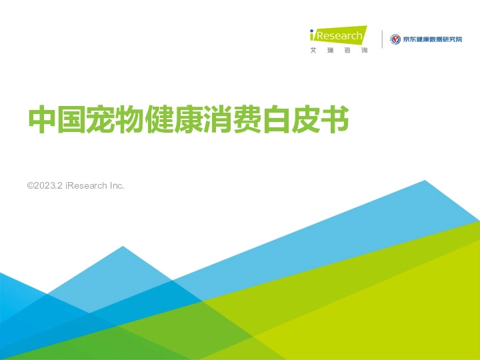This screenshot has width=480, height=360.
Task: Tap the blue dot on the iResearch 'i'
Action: click(x=313, y=31)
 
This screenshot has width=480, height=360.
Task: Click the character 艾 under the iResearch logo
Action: click(x=313, y=51)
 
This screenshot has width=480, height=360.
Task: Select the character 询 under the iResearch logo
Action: click(x=363, y=51)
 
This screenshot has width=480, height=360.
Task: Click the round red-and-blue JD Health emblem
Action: click(x=395, y=39)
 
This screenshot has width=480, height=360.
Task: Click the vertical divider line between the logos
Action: click(x=382, y=39)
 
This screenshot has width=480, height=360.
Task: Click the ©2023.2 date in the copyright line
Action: click(x=45, y=185)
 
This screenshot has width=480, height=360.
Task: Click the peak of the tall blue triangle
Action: click(x=424, y=181)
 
